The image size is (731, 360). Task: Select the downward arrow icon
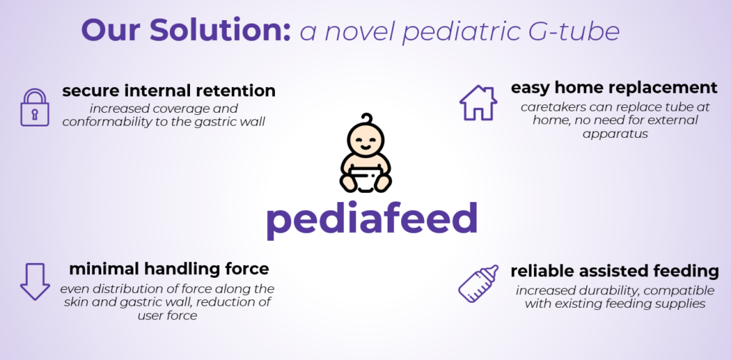[x=35, y=281]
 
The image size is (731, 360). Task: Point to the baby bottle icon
[x=478, y=284]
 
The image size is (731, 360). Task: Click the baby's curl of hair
[x=368, y=119]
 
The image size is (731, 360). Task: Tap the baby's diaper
[x=365, y=181]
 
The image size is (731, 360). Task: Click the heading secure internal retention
[x=168, y=91]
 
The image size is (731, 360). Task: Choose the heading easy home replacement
[x=614, y=87]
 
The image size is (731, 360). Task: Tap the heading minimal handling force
[x=168, y=269]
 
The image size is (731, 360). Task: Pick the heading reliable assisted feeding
[x=615, y=271]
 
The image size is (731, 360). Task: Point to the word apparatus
[x=615, y=134]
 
